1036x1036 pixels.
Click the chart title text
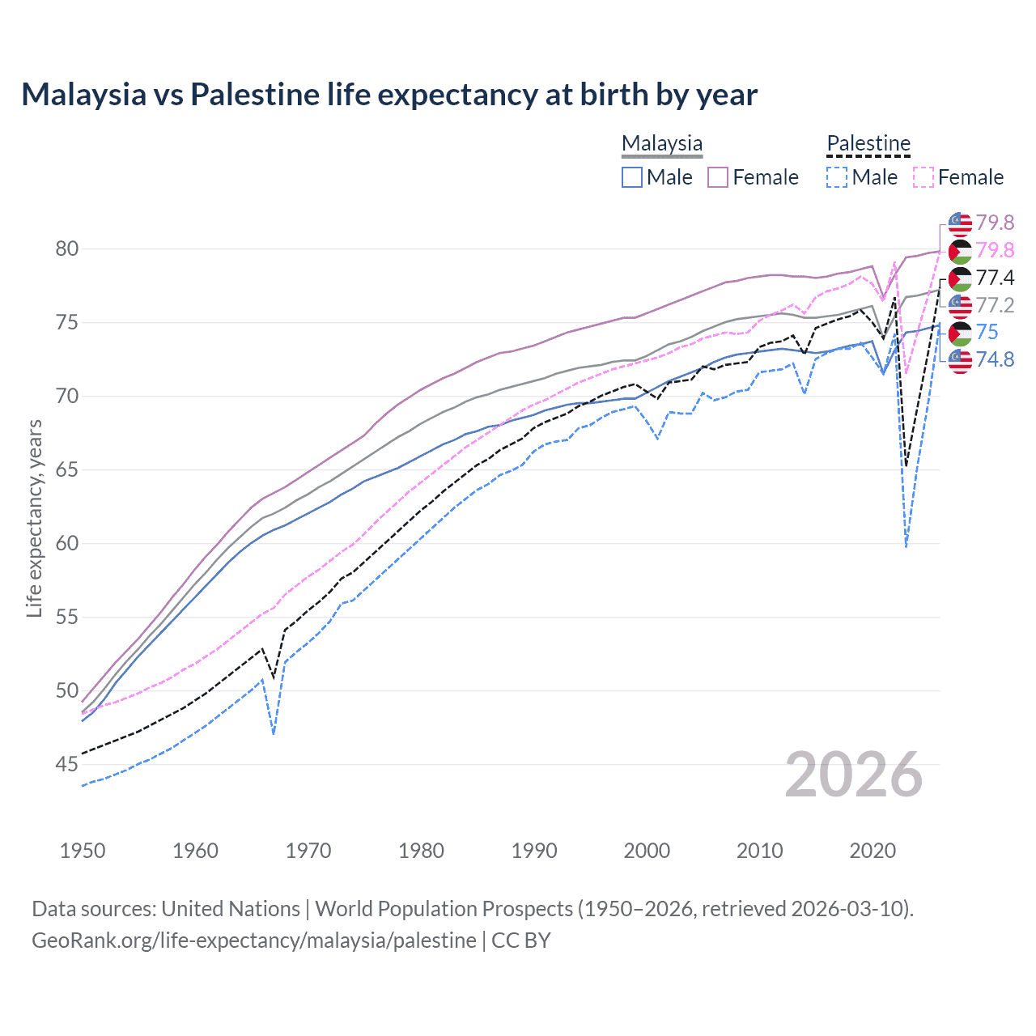tap(389, 95)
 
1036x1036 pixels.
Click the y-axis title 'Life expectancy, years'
tap(34, 518)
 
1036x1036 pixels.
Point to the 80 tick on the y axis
tap(67, 249)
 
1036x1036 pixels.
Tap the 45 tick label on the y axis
tap(67, 764)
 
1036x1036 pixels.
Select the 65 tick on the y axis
tap(67, 470)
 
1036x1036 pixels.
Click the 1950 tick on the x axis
tap(83, 851)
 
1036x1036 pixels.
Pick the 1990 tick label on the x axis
tap(534, 851)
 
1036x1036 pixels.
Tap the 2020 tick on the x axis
tap(873, 851)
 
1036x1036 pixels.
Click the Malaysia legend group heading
tap(662, 144)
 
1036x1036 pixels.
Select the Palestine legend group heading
tap(868, 144)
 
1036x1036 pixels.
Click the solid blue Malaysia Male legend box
tap(632, 177)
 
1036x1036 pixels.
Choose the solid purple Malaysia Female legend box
tap(718, 177)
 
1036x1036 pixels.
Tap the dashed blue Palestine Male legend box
tap(837, 177)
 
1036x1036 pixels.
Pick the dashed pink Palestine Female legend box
tap(923, 177)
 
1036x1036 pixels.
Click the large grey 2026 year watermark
tap(854, 775)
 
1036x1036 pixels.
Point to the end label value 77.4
tap(995, 278)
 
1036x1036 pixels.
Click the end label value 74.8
tap(995, 359)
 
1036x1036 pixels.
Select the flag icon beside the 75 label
tap(960, 333)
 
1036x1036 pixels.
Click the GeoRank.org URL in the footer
tap(254, 940)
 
